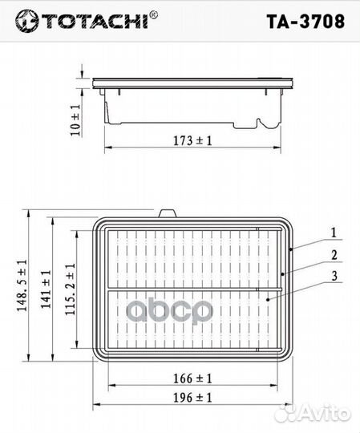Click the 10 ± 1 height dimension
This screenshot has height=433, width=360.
pos(76,117)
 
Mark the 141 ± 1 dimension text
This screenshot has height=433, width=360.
pos(47,291)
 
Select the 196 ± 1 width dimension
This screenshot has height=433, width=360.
pos(193,396)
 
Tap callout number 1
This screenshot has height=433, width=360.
pos(332,233)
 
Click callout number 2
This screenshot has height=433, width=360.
pos(332,257)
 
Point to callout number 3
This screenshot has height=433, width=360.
pos(332,277)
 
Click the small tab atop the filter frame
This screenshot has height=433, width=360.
pos(168,213)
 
